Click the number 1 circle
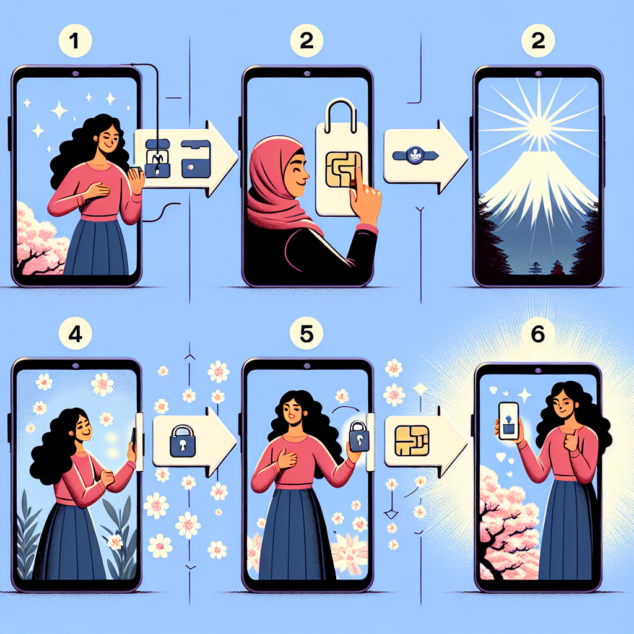coord(75,40)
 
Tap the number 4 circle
coord(75,334)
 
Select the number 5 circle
coord(306,334)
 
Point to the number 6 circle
coord(538,334)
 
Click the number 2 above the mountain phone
coord(538,40)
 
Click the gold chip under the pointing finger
coord(343,170)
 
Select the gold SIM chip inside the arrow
coord(412,441)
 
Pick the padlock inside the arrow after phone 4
coord(183,441)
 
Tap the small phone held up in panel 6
coord(509,421)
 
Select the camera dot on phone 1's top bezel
coord(75,74)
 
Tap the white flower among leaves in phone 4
coord(115,542)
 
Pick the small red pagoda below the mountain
coord(557,267)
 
